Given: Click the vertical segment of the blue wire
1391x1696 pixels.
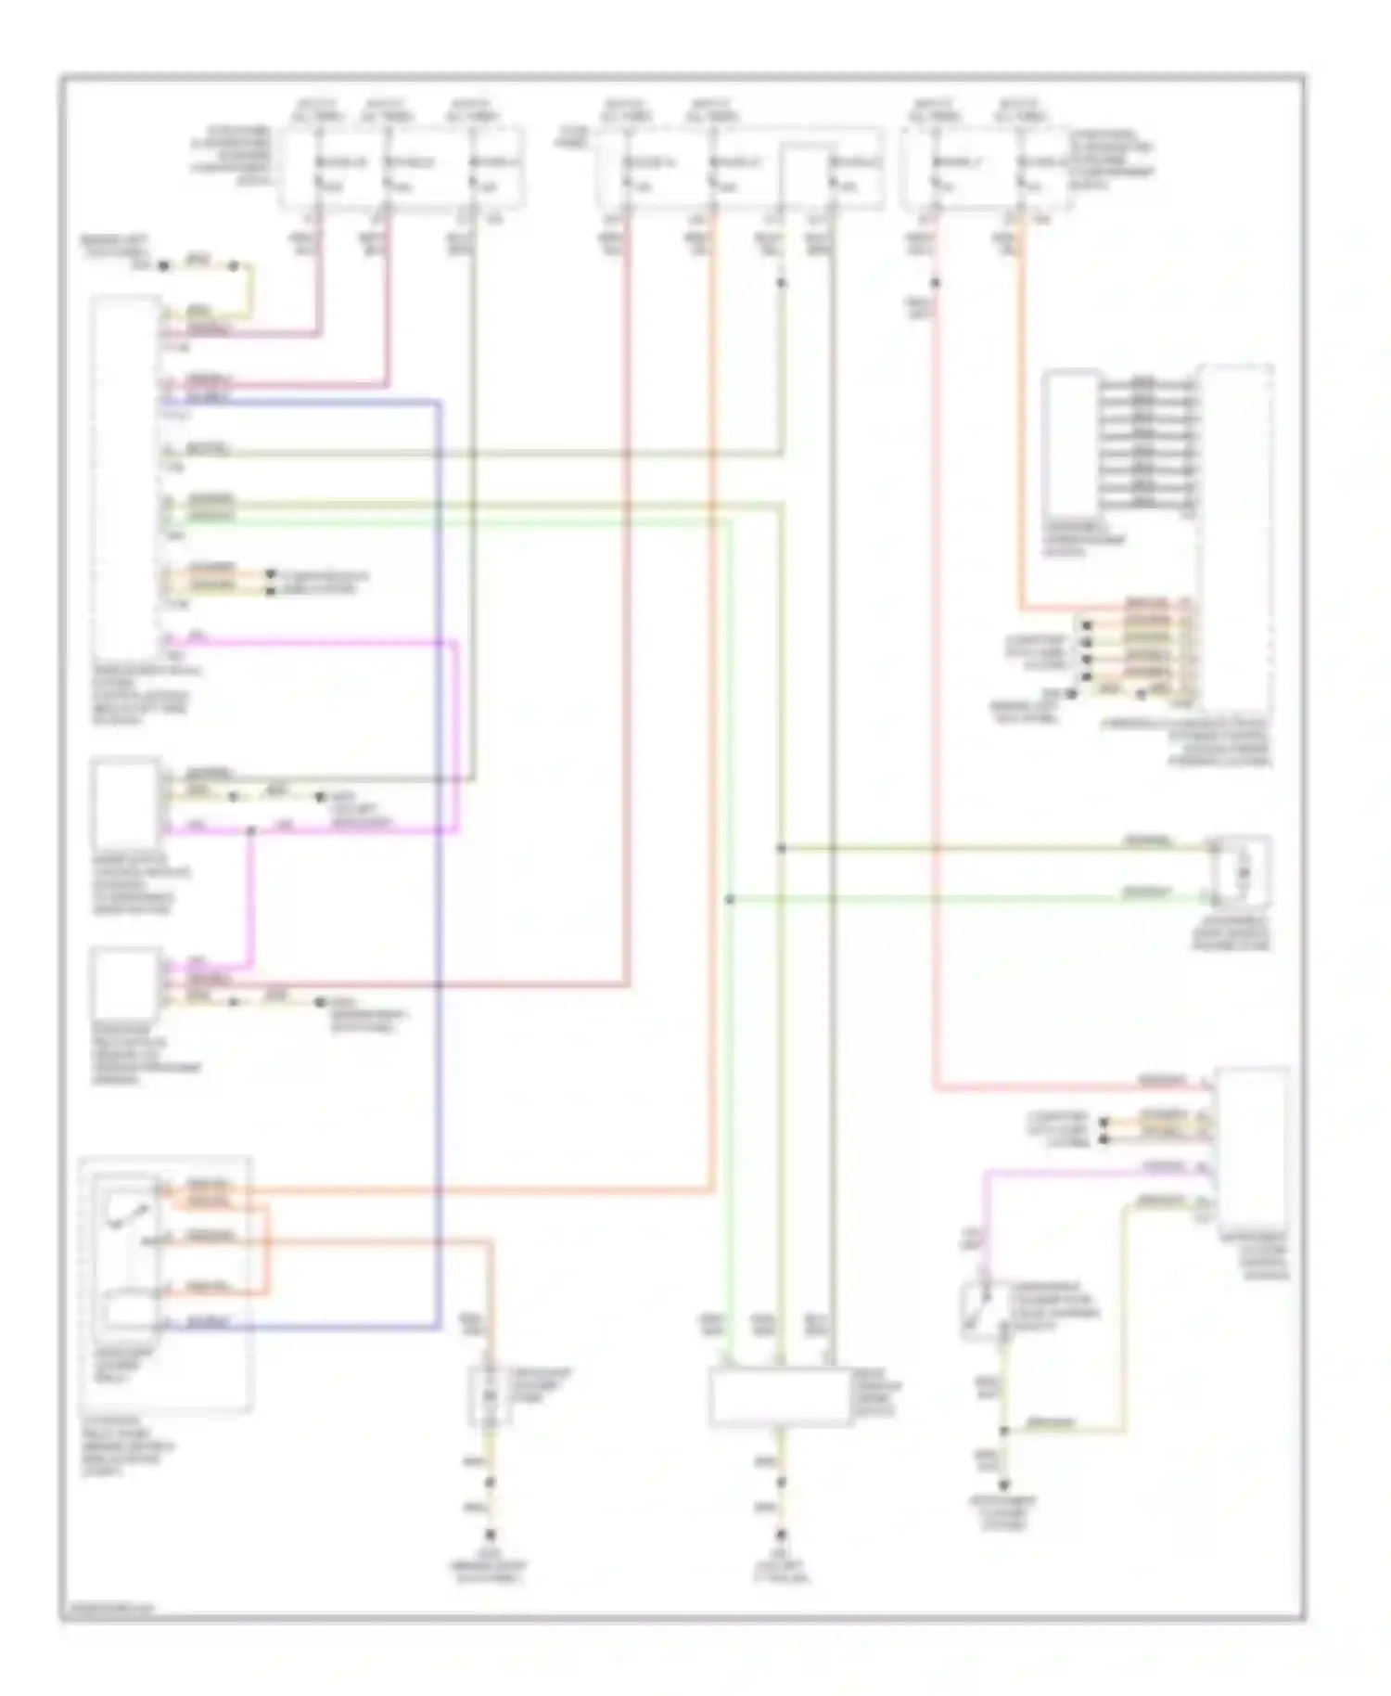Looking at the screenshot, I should coord(439,863).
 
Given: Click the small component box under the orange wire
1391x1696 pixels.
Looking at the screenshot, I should coord(490,1394).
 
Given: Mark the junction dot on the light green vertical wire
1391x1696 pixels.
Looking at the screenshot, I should coord(730,899).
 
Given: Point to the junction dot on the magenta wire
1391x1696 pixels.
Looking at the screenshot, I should coord(250,829).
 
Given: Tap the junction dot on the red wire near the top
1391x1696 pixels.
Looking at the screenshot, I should coord(936,283).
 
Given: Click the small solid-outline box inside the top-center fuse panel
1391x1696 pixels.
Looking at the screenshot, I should coord(803,174).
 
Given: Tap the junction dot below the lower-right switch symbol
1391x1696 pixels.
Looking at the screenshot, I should coord(1004,1432).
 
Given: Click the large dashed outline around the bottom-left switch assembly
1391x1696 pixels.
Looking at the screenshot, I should coord(166,1284).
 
